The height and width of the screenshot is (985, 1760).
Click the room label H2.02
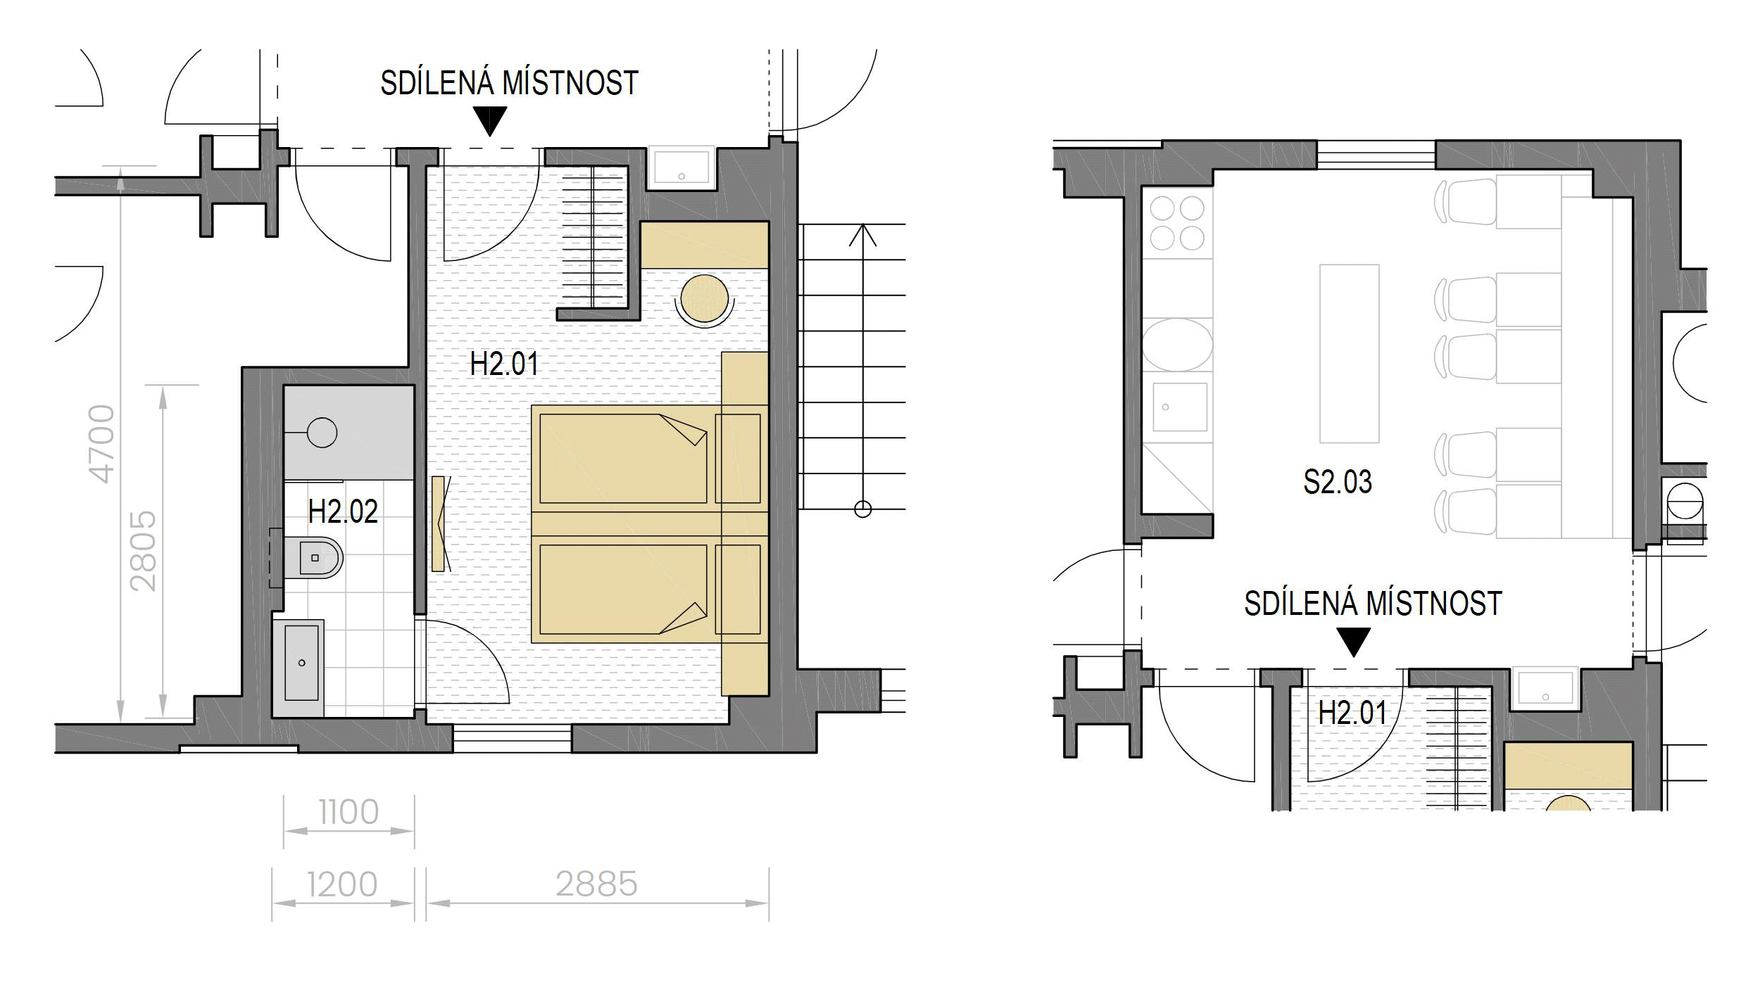tap(343, 511)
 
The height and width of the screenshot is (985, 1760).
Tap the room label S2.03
tap(1338, 482)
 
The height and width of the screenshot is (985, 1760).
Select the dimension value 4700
tap(103, 444)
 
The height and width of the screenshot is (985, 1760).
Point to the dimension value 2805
tap(144, 551)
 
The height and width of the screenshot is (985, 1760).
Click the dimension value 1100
tap(348, 813)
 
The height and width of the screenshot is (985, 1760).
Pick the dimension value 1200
tap(342, 884)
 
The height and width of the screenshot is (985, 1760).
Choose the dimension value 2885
tap(596, 884)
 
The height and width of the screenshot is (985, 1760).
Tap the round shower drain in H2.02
tap(322, 433)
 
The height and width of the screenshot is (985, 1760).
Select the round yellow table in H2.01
tap(704, 299)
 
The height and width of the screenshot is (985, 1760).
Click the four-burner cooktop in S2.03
tap(1177, 223)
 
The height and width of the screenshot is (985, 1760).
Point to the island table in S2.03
tap(1349, 353)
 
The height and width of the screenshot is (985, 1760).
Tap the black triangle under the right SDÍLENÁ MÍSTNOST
tap(1353, 642)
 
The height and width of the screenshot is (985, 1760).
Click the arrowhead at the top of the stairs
tap(862, 234)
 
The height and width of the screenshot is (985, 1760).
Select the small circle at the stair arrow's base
tap(862, 509)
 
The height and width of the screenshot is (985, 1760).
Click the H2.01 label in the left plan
tap(504, 364)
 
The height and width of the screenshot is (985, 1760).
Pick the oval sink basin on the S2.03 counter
tap(1177, 345)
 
